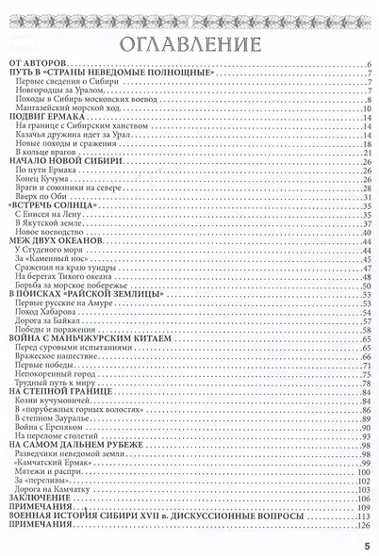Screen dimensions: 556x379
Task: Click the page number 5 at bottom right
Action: point(366,541)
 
